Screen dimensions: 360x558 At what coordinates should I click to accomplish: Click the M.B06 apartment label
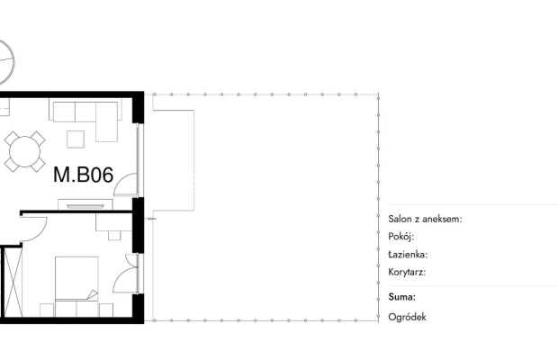83,175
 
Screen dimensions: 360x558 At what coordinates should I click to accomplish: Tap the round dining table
23,151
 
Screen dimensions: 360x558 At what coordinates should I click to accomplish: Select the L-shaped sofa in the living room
86,117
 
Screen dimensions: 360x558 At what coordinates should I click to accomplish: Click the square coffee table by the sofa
76,139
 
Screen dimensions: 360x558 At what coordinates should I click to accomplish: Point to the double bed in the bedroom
76,278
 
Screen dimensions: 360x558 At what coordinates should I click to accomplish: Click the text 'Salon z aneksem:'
425,219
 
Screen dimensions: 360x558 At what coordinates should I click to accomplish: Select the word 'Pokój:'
400,236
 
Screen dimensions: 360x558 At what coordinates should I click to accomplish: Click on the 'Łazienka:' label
408,254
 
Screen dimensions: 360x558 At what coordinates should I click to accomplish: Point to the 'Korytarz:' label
407,272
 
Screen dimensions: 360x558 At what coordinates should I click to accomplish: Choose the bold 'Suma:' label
401,296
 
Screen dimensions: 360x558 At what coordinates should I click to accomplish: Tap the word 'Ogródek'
407,317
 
